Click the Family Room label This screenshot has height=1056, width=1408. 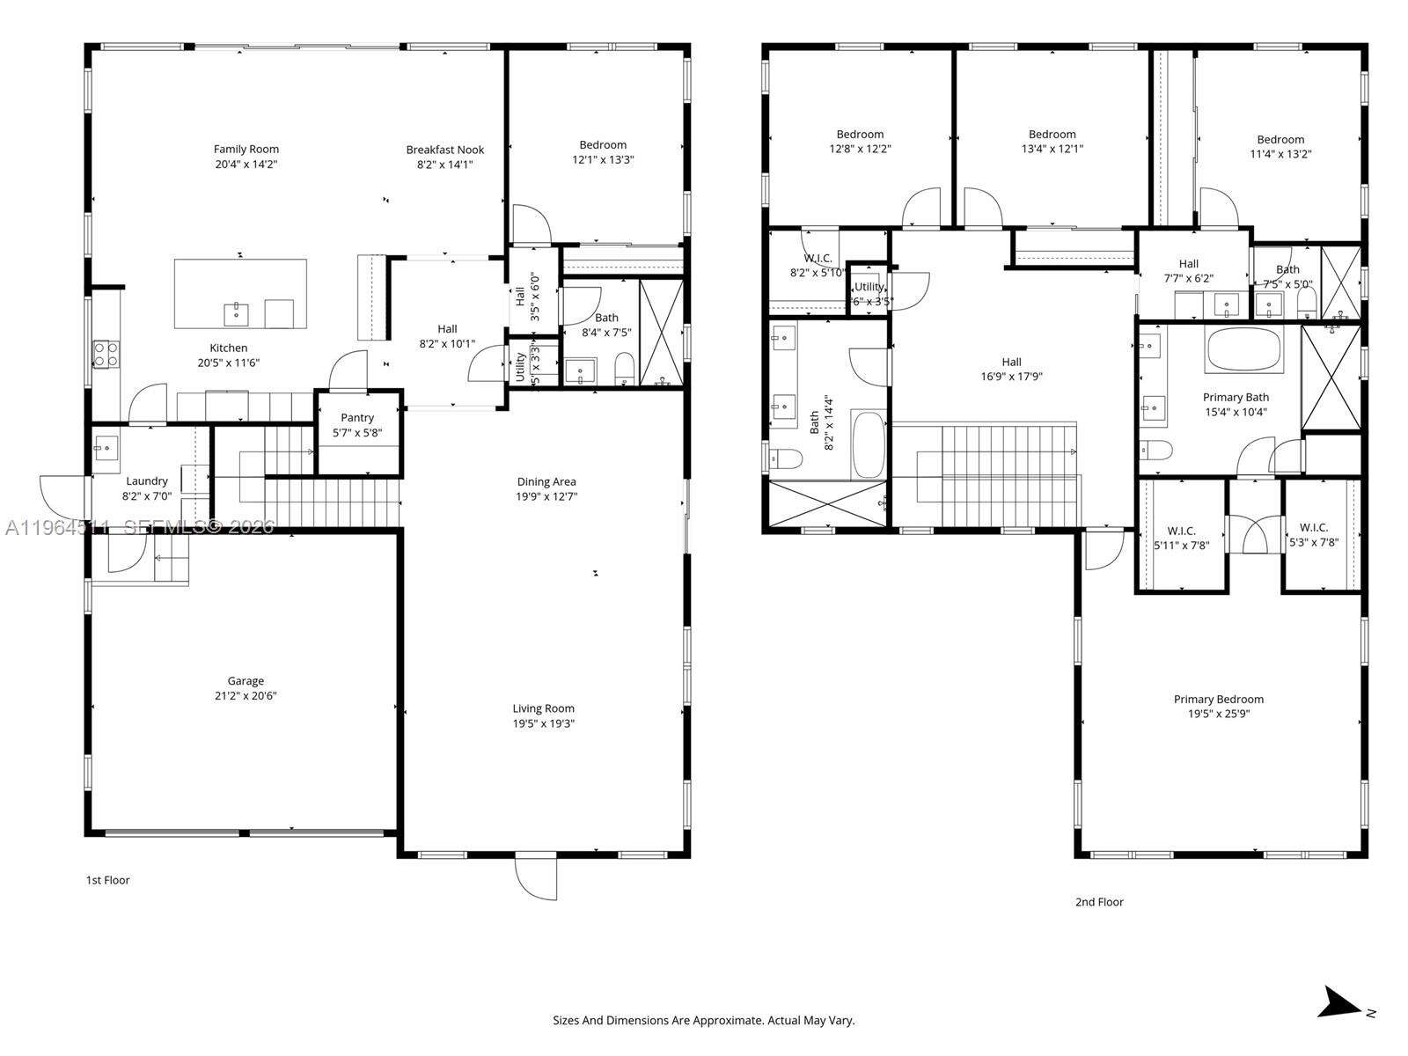pyautogui.click(x=246, y=150)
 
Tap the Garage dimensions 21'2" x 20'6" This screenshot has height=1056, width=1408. pyautogui.click(x=246, y=696)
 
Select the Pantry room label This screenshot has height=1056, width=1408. pyautogui.click(x=357, y=418)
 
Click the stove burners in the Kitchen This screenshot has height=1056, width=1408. pyautogui.click(x=106, y=354)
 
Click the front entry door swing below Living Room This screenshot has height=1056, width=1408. pyautogui.click(x=536, y=877)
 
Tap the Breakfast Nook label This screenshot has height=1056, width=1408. pyautogui.click(x=444, y=150)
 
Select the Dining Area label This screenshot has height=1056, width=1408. pyautogui.click(x=546, y=481)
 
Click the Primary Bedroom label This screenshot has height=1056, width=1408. pyautogui.click(x=1218, y=700)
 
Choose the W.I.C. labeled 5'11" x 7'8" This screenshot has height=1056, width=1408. pyautogui.click(x=1181, y=538)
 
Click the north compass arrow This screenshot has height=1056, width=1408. pyautogui.click(x=1343, y=1003)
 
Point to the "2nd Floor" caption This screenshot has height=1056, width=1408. pyautogui.click(x=1098, y=902)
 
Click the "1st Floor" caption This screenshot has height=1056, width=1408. pyautogui.click(x=107, y=880)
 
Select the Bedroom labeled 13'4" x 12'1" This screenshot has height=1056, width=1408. pyautogui.click(x=1052, y=142)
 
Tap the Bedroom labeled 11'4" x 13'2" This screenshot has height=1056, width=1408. pyautogui.click(x=1280, y=146)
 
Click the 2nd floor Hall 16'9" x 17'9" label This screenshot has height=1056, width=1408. pyautogui.click(x=1011, y=369)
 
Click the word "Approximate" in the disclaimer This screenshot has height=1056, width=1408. pyautogui.click(x=725, y=1021)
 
